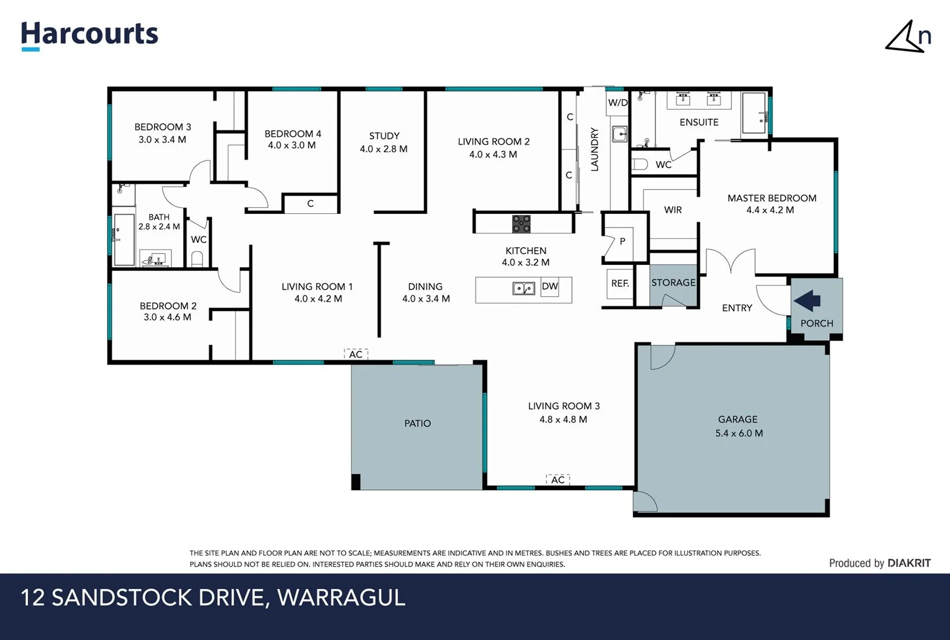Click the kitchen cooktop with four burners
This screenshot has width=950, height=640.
[x=522, y=223]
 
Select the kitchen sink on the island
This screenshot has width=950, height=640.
[x=523, y=289]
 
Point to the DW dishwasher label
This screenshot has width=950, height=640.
[x=550, y=286]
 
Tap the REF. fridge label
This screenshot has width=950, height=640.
[x=620, y=283]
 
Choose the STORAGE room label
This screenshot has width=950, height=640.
[x=673, y=283]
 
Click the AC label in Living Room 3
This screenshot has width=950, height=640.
[x=558, y=480]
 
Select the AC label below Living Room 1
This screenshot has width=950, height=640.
[x=356, y=354]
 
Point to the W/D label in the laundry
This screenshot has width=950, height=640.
[x=618, y=103]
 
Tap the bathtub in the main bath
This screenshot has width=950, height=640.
[x=124, y=239]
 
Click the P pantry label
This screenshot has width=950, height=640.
[x=622, y=241]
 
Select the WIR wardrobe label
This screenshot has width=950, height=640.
[x=673, y=210]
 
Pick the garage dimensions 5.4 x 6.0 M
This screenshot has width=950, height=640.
[x=738, y=433]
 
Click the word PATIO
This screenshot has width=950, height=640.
[x=417, y=423]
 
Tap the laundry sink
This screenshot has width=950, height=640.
[x=619, y=134]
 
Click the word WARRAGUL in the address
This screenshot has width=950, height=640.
[x=341, y=597]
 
